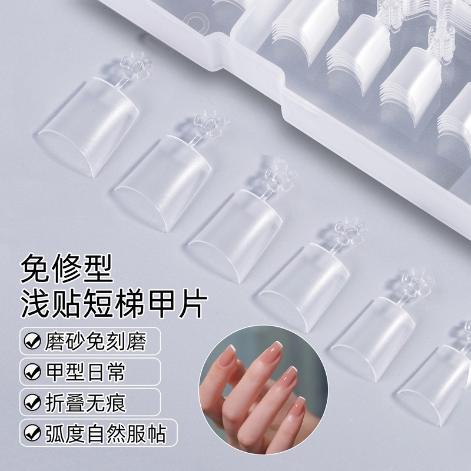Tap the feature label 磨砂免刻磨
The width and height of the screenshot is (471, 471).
(x=93, y=341)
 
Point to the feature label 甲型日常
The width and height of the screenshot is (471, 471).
(x=84, y=372)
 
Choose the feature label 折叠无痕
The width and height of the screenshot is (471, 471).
(x=84, y=403)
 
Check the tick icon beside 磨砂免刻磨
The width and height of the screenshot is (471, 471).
(x=30, y=341)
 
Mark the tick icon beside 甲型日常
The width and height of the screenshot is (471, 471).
(x=30, y=372)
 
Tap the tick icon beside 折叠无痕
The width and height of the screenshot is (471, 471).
(x=30, y=403)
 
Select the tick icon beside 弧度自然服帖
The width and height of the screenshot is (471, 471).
(x=30, y=434)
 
